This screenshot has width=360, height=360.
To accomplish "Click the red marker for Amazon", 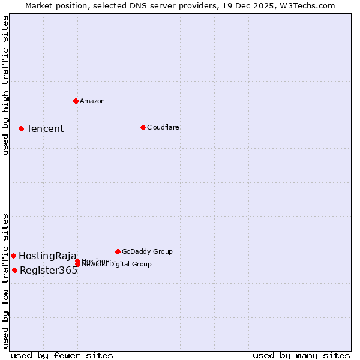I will (76, 101).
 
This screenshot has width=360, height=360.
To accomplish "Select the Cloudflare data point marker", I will (143, 127).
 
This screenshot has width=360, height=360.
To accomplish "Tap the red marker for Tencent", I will (21, 128).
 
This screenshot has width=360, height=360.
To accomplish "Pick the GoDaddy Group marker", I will (118, 251).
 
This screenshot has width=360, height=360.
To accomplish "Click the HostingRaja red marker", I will (13, 256).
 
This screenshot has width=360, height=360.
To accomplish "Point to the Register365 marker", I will (14, 270).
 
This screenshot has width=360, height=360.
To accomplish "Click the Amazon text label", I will (92, 101).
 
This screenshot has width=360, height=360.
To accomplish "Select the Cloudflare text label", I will (163, 127).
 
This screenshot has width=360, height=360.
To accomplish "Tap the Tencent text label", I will (45, 128).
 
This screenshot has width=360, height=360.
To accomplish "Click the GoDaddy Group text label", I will (147, 251).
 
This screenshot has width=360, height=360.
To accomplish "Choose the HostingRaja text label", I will (47, 256).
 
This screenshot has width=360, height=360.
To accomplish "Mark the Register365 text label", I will (49, 270).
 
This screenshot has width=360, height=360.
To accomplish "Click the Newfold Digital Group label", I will (116, 265).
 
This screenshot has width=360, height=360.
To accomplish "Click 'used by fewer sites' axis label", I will (62, 355).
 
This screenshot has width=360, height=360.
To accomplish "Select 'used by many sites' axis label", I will (301, 355).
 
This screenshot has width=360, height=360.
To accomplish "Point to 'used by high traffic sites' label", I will (6, 85).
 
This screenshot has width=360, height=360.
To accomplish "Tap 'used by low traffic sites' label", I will (6, 280).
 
